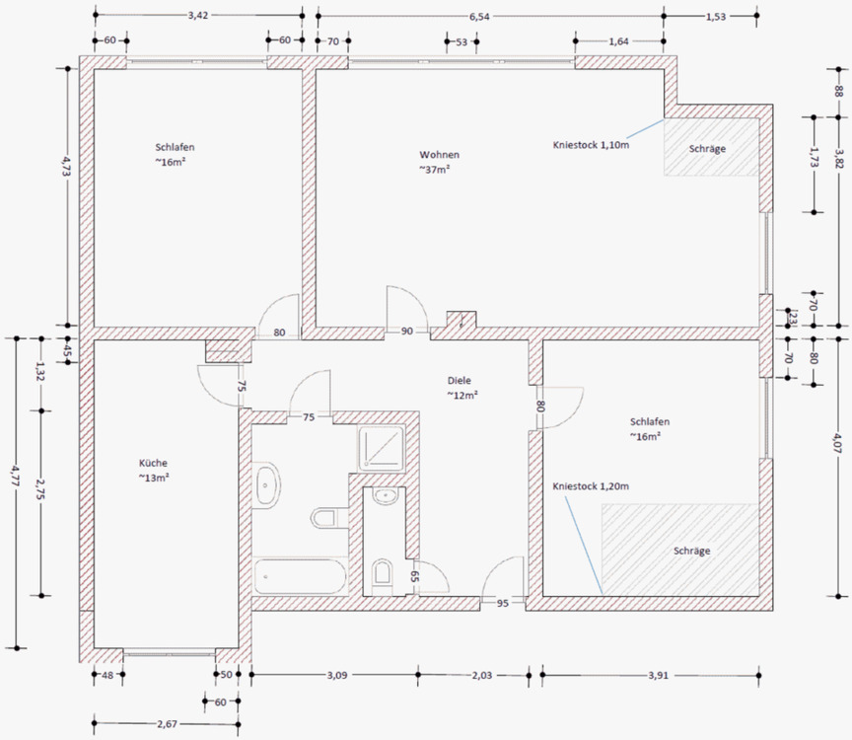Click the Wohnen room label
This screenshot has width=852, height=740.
tap(439, 155)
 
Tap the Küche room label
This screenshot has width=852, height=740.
tap(153, 464)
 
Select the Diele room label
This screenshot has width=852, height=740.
tap(460, 381)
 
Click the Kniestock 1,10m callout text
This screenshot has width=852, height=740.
tap(591, 145)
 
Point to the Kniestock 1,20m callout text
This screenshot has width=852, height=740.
tap(591, 486)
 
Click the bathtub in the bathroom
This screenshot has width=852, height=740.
tap(300, 576)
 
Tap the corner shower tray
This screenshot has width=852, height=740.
tap(381, 448)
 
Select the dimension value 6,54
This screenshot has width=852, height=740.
tap(479, 17)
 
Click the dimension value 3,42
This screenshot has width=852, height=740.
tap(198, 16)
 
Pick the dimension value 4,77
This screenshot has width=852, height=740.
tap(17, 476)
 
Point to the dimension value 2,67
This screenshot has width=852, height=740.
tap(167, 724)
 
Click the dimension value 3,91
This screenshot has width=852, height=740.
tap(658, 676)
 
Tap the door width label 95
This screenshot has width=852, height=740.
tap(503, 603)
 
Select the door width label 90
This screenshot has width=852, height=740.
tap(407, 332)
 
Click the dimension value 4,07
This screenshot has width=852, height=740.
tap(838, 443)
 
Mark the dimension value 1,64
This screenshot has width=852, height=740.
tap(618, 41)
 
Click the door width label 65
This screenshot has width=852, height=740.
tap(414, 576)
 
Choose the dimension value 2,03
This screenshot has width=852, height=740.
tap(482, 675)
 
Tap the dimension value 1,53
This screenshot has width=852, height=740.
tap(716, 17)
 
